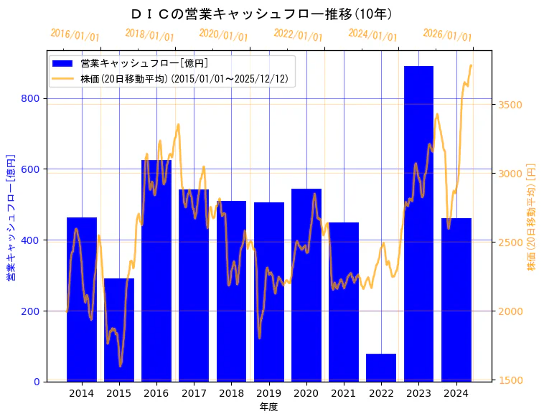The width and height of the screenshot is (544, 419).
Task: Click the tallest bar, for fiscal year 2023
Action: coord(418,223)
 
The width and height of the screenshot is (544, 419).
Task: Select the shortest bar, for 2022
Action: coord(381,367)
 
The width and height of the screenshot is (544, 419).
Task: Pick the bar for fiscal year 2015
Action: coord(119,329)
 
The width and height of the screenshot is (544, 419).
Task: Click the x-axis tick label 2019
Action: coord(268,393)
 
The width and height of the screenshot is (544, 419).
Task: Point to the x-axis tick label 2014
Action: coord(81,393)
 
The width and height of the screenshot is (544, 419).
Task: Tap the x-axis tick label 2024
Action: coord(456,393)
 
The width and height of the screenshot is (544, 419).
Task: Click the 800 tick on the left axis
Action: coord(34,98)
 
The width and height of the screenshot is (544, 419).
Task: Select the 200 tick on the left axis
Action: coord(34,311)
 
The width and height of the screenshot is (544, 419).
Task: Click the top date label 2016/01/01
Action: coord(75,35)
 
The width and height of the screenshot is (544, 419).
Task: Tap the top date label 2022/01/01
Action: coord(299,35)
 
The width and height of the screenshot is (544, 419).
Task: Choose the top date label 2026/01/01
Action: coord(448,35)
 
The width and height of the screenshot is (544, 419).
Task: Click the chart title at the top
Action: coord(262,14)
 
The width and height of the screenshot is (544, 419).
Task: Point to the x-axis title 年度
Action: coord(268,407)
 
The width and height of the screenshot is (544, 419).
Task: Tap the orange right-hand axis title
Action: coord(532,216)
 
